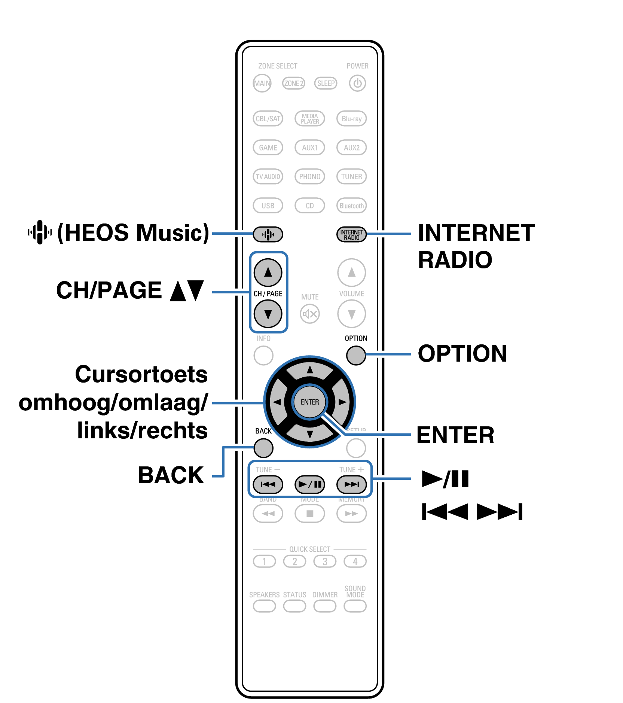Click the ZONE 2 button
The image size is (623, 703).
pos(293,83)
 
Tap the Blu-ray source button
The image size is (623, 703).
pos(351,119)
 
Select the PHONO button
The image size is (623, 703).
pos(309,176)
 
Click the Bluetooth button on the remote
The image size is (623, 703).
pos(351,206)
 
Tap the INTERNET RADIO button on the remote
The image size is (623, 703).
pos(351,235)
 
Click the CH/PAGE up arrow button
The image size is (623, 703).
pos(268,272)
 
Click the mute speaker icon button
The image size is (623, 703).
pos(310,314)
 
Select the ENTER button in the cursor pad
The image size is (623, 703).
pos(310,402)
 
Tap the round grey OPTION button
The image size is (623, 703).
pos(356,355)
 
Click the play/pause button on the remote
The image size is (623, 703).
pos(310,484)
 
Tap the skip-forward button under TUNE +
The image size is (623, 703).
pos(351,484)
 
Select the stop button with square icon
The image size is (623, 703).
pos(310,513)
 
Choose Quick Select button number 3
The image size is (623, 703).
pos(325,562)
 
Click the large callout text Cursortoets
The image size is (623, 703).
pos(141,374)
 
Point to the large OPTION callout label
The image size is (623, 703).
pos(462,353)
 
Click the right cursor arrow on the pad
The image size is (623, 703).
pos(342,402)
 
